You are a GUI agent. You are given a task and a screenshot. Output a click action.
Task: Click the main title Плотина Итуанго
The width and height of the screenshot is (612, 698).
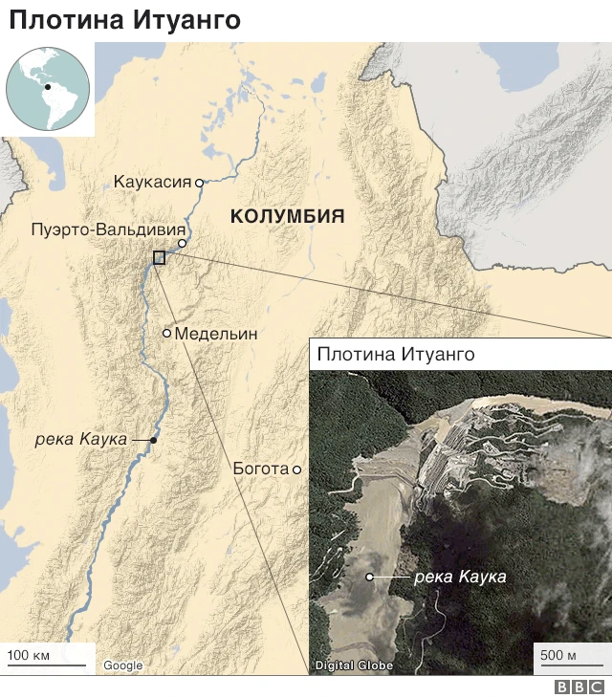click(124, 20)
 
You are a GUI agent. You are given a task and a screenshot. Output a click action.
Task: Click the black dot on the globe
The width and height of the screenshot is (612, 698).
click(47, 88)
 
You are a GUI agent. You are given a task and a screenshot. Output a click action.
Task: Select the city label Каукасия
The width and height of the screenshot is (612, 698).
click(152, 182)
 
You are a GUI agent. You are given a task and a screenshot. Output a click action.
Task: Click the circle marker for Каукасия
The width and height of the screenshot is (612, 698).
click(199, 182)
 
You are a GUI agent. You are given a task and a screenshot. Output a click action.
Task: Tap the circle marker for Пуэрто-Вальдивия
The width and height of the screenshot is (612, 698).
click(182, 244)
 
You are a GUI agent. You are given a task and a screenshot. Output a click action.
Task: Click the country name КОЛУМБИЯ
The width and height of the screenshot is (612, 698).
click(287, 217)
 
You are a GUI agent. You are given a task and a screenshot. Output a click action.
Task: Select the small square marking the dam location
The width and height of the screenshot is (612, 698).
click(159, 257)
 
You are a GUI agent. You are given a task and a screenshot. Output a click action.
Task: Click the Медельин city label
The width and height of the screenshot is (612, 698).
click(217, 334)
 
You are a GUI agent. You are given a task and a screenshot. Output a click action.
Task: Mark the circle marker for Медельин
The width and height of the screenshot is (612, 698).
click(166, 334)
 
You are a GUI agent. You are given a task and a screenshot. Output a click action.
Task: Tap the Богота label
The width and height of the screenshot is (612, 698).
click(260, 469)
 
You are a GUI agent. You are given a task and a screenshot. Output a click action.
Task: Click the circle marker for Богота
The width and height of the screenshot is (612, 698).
click(297, 469)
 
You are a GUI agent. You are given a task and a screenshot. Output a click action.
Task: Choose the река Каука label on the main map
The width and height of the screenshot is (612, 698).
click(80, 439)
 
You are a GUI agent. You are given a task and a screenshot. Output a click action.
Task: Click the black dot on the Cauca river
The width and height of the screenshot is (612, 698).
click(153, 440)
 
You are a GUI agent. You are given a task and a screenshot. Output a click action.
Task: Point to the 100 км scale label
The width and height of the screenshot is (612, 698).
click(29, 655)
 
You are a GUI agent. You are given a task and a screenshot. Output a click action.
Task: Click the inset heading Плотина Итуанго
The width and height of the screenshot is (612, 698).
click(396, 355)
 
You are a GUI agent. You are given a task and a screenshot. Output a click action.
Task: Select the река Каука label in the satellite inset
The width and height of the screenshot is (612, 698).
click(460, 577)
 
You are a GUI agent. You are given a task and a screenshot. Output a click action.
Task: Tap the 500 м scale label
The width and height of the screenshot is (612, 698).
click(558, 655)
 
